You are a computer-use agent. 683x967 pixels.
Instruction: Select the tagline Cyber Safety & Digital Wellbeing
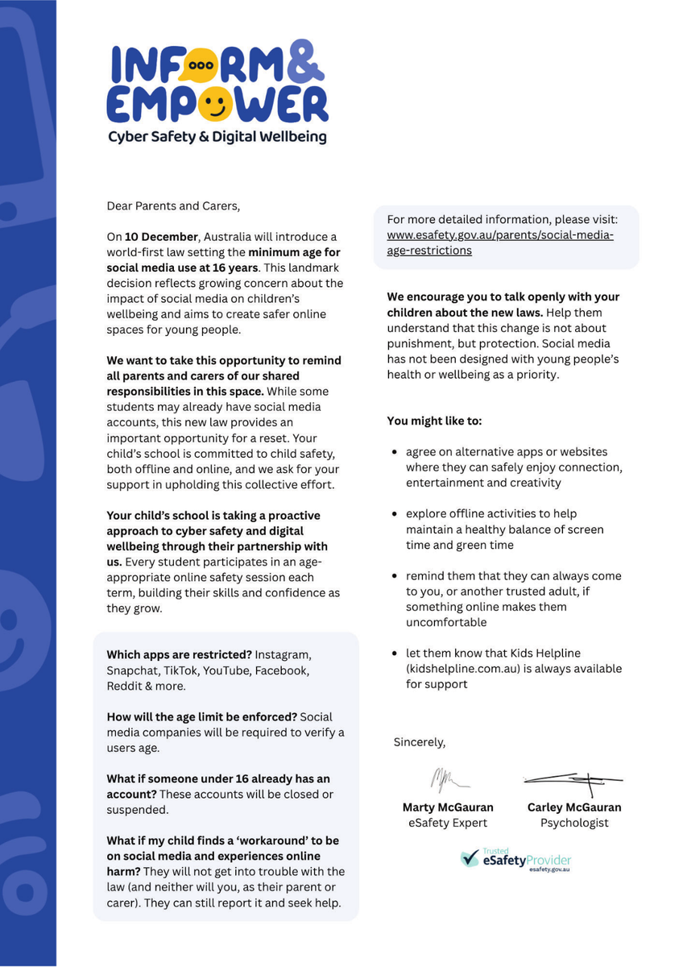coord(217,137)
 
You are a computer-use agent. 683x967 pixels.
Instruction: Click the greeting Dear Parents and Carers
coord(173,205)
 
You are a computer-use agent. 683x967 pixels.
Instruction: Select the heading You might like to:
coord(434,421)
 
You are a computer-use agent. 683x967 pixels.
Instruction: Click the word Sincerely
coord(419,741)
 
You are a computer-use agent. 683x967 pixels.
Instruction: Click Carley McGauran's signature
coord(573,778)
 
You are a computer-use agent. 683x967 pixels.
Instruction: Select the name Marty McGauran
coord(448,807)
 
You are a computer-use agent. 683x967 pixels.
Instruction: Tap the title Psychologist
coord(574,823)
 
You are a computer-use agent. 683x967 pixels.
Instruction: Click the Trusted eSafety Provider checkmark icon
coord(470,858)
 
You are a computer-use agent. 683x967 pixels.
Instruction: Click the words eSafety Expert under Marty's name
coord(448,823)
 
